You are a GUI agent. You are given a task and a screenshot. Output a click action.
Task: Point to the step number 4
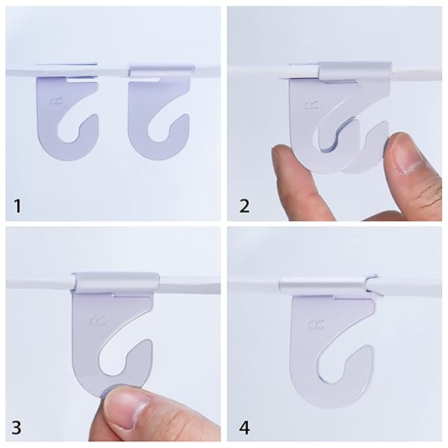click(244, 428)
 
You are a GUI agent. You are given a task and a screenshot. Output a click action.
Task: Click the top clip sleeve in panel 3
click(116, 282)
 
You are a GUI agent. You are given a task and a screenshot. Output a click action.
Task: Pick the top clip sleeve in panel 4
click(323, 284)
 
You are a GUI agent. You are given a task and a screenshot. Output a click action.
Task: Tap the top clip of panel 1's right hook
click(155, 69)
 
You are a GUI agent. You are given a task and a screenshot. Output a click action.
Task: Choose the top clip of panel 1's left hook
click(67, 69)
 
